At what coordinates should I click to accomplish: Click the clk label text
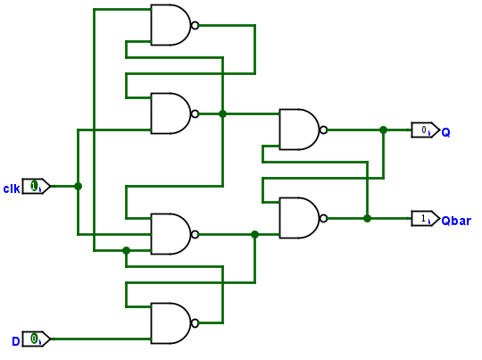12,188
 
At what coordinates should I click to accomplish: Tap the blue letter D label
16,341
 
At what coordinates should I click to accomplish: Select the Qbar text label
456,221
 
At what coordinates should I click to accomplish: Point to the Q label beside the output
445,132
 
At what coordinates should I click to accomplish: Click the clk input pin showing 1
37,186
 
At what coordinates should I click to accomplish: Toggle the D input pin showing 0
37,339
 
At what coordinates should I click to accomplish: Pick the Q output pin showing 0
426,130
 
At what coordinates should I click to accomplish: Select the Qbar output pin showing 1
426,219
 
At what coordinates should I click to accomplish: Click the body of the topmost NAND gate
170,25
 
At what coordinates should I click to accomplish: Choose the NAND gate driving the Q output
299,130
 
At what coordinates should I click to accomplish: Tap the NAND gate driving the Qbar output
299,218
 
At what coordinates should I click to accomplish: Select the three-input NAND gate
170,234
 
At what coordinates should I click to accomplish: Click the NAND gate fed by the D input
170,323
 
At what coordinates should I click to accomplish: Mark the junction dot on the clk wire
78,186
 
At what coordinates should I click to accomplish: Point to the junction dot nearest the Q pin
383,130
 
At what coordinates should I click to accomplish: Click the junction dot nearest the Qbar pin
367,219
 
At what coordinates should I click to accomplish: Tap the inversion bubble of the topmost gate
195,25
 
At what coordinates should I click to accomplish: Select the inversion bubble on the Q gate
323,130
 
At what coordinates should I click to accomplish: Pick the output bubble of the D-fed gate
195,323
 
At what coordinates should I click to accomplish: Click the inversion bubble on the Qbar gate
323,219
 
